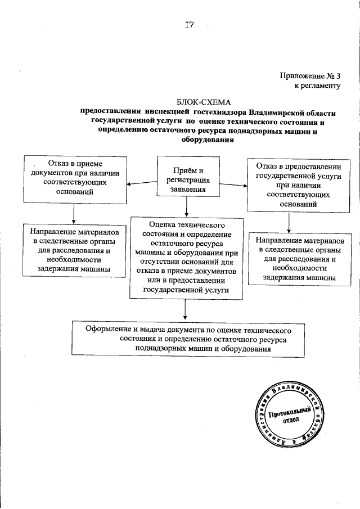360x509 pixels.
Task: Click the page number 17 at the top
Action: (x=190, y=25)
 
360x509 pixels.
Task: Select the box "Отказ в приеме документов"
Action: (x=74, y=178)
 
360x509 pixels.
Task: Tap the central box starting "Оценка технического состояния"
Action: (x=186, y=257)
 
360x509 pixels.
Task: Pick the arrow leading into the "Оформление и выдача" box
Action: (x=186, y=310)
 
